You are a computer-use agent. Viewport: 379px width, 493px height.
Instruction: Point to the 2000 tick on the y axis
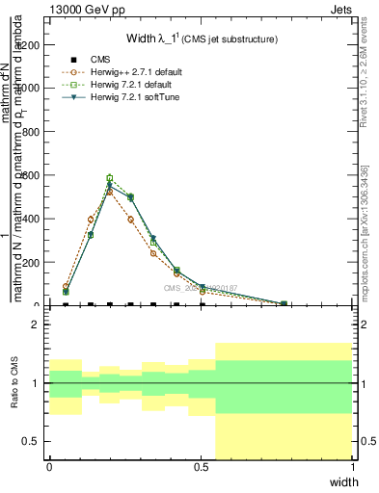(x=34, y=44)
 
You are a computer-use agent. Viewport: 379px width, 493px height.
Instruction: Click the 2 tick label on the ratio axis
(x=37, y=325)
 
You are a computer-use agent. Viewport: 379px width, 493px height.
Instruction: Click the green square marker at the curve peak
(x=110, y=178)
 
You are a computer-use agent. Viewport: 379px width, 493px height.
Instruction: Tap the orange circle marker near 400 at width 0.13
(x=91, y=220)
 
